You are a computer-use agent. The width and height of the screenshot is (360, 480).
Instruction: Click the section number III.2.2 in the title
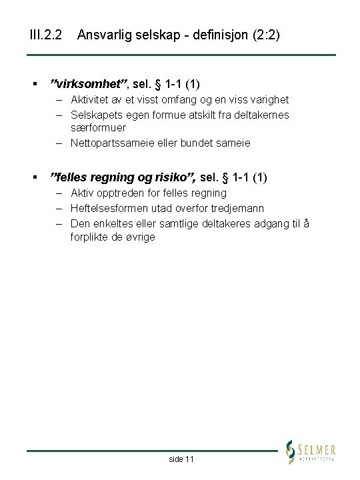(x=46, y=34)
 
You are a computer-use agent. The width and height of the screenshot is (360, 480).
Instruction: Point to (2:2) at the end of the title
(x=265, y=34)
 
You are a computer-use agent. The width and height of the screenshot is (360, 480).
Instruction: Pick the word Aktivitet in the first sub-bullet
(x=92, y=99)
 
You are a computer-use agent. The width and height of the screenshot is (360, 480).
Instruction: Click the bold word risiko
(x=173, y=177)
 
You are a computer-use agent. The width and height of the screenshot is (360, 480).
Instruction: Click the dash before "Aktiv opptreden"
(x=59, y=193)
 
